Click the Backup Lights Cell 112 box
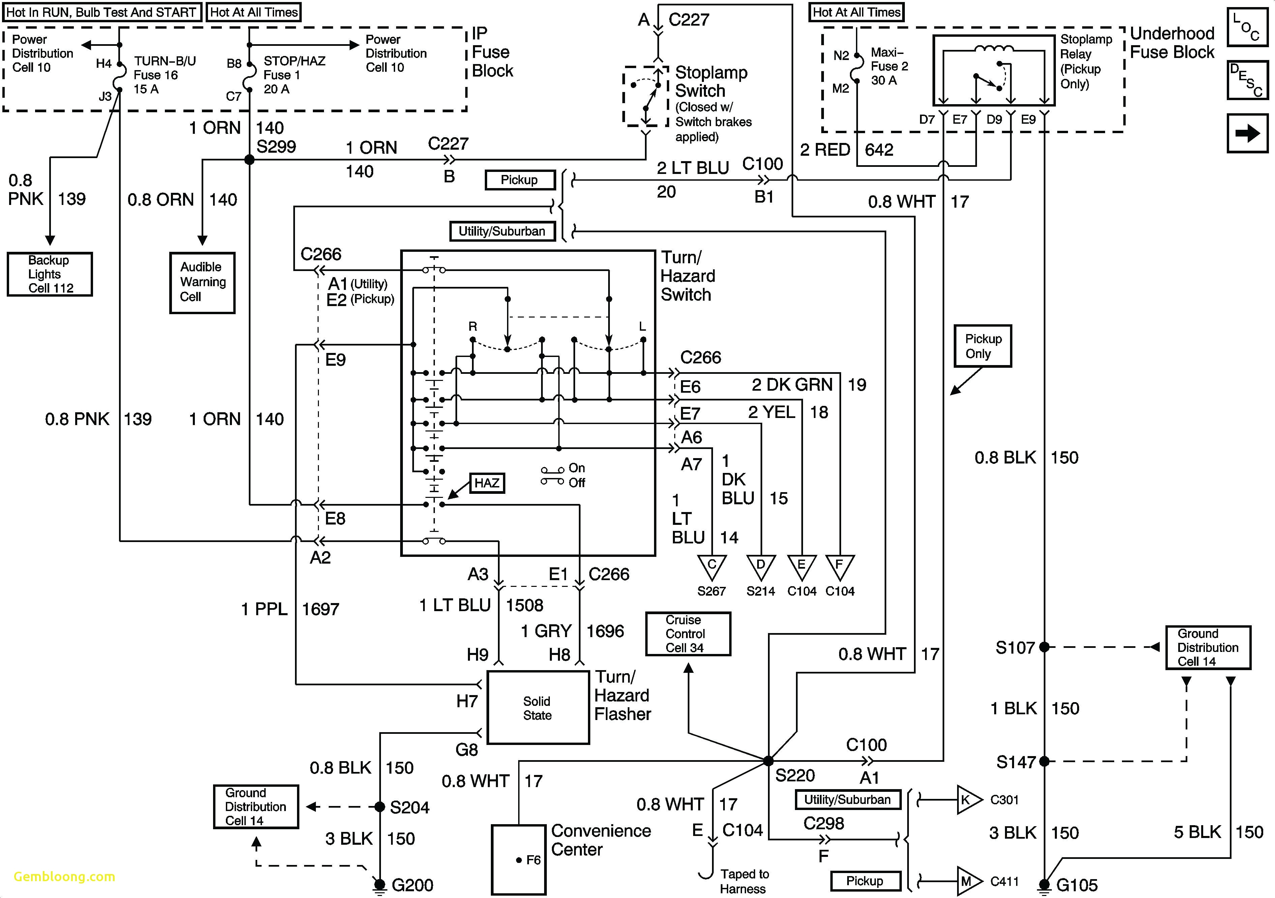tap(50, 274)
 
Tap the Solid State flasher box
tap(538, 708)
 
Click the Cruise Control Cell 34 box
tap(687, 634)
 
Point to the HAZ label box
tap(486, 483)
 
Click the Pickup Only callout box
tap(982, 346)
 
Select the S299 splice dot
tap(249, 160)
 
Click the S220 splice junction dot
tap(768, 761)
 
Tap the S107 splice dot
tap(1044, 647)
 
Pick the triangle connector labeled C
tap(711, 566)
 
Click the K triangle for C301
tap(967, 800)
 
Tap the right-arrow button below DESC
tap(1247, 133)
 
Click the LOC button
tap(1247, 27)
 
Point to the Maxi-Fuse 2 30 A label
tap(889, 66)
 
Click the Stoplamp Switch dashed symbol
tap(645, 96)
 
